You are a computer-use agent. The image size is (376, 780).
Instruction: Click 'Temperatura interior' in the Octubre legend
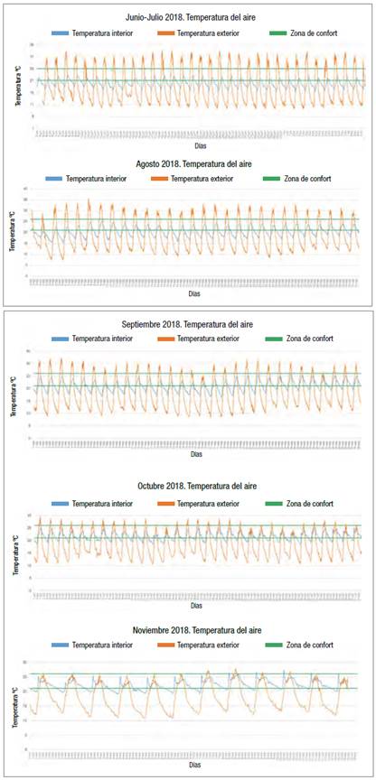103,501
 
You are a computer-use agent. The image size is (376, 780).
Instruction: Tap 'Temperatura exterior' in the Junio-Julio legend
210,32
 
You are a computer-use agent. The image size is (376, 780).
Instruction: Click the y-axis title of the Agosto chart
14,233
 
